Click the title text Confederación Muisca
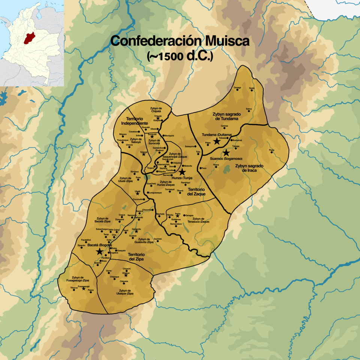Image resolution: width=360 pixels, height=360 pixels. pyautogui.click(x=180, y=41)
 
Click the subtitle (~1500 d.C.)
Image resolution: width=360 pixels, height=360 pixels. pyautogui.click(x=180, y=56)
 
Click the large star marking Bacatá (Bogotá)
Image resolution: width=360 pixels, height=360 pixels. pyautogui.click(x=99, y=252)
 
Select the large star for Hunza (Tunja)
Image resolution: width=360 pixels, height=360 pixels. pyautogui.click(x=182, y=171)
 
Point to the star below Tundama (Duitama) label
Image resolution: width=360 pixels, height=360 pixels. pyautogui.click(x=216, y=141)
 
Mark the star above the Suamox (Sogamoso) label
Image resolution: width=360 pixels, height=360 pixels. pyautogui.click(x=226, y=153)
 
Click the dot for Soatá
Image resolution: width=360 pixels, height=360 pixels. pyautogui.click(x=252, y=90)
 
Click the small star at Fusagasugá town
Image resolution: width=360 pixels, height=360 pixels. pyautogui.click(x=84, y=288)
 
